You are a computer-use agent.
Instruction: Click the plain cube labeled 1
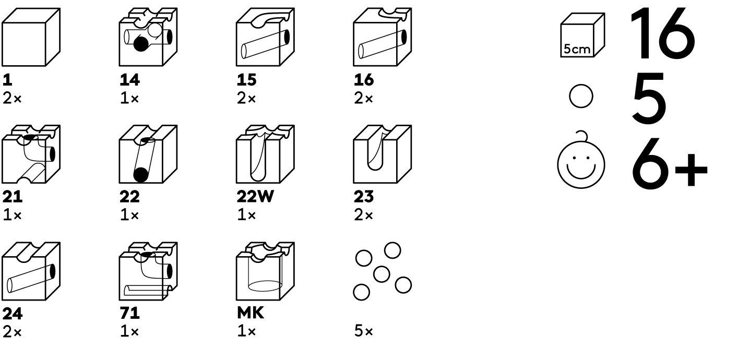pyautogui.click(x=31, y=37)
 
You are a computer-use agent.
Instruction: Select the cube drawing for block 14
pyautogui.click(x=148, y=37)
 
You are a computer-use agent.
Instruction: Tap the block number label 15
pyautogui.click(x=246, y=80)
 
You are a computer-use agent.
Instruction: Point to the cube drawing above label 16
pyautogui.click(x=382, y=37)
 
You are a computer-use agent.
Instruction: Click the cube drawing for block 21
pyautogui.click(x=31, y=154)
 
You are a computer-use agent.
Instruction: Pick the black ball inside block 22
pyautogui.click(x=141, y=175)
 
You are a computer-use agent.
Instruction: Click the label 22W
pyautogui.click(x=255, y=197)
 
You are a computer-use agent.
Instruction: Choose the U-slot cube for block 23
pyautogui.click(x=382, y=154)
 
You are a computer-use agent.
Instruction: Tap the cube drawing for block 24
pyautogui.click(x=31, y=271)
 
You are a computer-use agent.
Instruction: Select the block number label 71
pyautogui.click(x=129, y=313)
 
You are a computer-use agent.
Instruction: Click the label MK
pyautogui.click(x=251, y=313)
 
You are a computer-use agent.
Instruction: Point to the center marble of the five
pyautogui.click(x=382, y=274)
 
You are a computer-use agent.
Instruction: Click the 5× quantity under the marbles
pyautogui.click(x=363, y=331)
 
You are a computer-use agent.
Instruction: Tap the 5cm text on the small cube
pyautogui.click(x=577, y=49)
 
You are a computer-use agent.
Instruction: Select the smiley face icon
pyautogui.click(x=581, y=160)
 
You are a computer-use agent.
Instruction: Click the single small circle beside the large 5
pyautogui.click(x=581, y=96)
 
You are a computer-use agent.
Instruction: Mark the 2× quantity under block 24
pyautogui.click(x=12, y=332)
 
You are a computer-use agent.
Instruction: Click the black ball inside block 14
pyautogui.click(x=141, y=43)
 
